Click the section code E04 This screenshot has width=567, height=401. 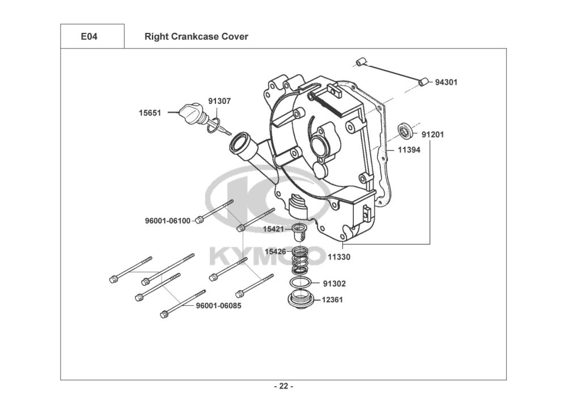[x=89, y=36]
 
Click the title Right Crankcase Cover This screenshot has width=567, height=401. [x=196, y=36]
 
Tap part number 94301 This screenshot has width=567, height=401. [x=446, y=82]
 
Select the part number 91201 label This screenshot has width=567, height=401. [x=433, y=134]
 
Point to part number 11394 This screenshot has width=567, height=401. [x=409, y=150]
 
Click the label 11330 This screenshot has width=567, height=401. [x=339, y=257]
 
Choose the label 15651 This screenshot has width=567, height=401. [x=150, y=113]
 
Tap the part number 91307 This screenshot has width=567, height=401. [x=219, y=102]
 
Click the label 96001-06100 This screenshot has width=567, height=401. [x=167, y=221]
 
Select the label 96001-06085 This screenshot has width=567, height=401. [x=218, y=306]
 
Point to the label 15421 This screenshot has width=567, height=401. [x=274, y=229]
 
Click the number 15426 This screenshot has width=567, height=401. [x=276, y=252]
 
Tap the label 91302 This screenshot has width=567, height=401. [x=334, y=284]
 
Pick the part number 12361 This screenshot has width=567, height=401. [x=332, y=299]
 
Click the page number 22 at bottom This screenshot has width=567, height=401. [x=283, y=386]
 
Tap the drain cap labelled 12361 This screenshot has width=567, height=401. [x=300, y=299]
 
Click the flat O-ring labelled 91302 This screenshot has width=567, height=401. [x=300, y=282]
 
